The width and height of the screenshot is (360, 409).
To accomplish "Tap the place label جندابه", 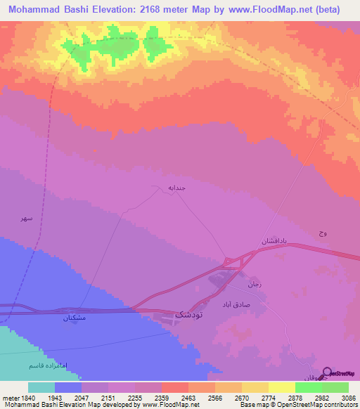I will click(176, 188).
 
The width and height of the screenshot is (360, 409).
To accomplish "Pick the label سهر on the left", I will click(26, 219).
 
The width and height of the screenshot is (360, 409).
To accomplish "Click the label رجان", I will click(254, 285).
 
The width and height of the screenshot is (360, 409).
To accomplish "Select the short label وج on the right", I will click(322, 233).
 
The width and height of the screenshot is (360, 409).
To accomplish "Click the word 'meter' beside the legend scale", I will click(9, 397).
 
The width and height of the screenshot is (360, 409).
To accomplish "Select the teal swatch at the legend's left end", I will click(41, 387).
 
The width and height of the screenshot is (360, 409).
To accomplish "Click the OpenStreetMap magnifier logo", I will click(327, 373).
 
